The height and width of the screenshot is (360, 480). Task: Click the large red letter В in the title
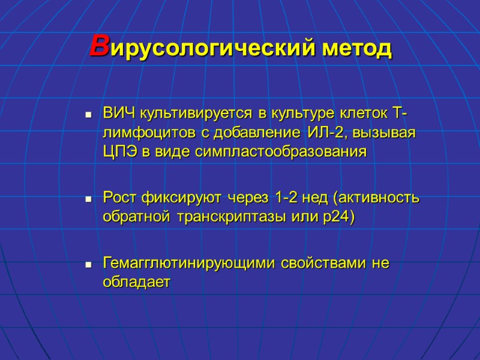(99, 46)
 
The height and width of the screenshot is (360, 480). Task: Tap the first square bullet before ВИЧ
(88, 114)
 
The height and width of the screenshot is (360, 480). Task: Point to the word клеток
(343, 113)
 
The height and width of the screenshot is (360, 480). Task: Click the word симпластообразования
(280, 152)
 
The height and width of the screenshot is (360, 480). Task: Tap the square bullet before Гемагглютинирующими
(88, 263)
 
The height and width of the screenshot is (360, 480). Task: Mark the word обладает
(136, 282)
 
